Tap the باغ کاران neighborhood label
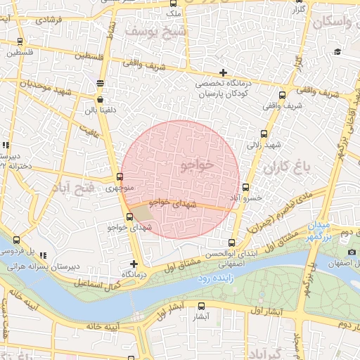pyautogui.click(x=286, y=169)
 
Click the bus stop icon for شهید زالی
pyautogui.click(x=264, y=134)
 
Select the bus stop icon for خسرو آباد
pyautogui.click(x=245, y=187)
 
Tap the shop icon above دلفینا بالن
pyautogui.click(x=100, y=100)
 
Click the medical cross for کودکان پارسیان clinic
pyautogui.click(x=223, y=72)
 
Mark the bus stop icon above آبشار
pyautogui.click(x=202, y=306)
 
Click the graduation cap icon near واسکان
pyautogui.click(x=337, y=51)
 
